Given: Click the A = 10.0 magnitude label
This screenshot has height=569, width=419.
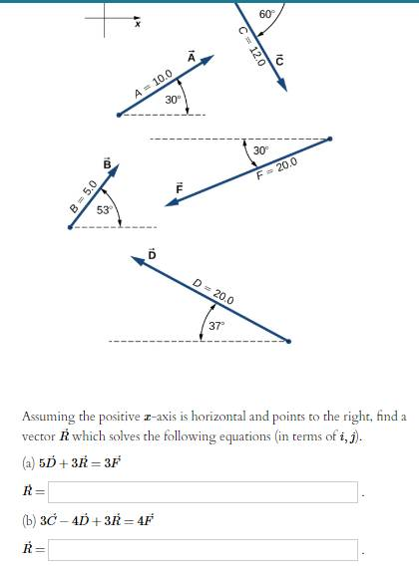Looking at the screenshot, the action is (x=155, y=86).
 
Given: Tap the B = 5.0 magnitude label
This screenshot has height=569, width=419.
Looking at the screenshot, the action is (x=82, y=195).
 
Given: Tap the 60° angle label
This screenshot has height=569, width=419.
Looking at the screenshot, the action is (x=267, y=14).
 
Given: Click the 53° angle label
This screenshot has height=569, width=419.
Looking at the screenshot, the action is (x=105, y=209).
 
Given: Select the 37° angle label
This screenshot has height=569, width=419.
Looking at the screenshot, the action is (x=217, y=325).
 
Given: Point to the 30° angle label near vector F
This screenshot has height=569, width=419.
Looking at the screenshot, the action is (x=261, y=150).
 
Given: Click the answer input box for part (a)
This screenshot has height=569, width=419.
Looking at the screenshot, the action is (x=203, y=491).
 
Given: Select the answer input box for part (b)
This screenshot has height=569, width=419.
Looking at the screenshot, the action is (x=203, y=549).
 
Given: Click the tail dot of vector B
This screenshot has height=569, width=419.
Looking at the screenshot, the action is (x=69, y=227).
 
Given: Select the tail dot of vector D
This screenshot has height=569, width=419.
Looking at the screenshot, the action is (x=289, y=341).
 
